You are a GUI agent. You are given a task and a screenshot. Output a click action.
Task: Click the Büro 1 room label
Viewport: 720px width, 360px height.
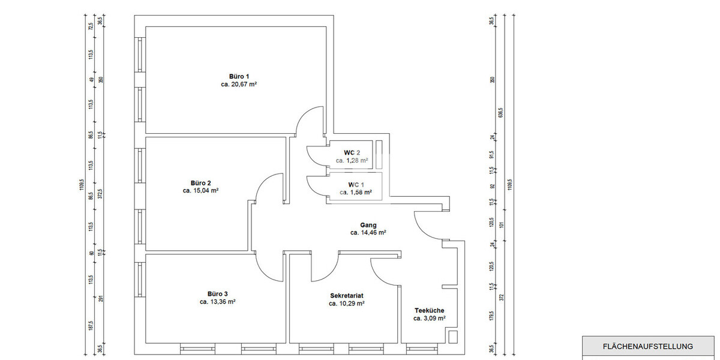coord(239,76)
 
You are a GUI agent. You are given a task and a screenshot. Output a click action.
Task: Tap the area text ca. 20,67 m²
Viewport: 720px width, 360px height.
coord(239,85)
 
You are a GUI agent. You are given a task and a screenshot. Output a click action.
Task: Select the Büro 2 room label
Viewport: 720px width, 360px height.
coord(200,183)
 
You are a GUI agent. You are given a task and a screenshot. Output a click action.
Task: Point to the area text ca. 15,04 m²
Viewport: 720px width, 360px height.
coord(200,191)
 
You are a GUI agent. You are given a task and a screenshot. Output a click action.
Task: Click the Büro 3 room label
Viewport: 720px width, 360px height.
coord(217,293)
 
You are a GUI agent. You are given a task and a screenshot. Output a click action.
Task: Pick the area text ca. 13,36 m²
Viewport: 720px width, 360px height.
coord(217,302)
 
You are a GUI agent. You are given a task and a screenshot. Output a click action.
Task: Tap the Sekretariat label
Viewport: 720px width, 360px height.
coord(347,296)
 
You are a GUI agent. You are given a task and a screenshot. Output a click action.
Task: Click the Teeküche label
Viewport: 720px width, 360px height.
coord(429,310)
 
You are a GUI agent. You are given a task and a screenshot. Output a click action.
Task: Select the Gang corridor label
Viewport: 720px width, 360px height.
coord(368,225)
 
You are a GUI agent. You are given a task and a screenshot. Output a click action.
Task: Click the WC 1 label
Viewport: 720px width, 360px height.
coord(356,184)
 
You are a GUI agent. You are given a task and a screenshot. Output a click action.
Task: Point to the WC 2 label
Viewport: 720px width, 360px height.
coord(352,152)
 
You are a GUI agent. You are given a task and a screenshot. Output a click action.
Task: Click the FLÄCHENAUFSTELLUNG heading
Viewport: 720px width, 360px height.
coord(647,346)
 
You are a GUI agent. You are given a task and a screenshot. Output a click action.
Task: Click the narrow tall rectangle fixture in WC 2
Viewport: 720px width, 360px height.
coord(379,155)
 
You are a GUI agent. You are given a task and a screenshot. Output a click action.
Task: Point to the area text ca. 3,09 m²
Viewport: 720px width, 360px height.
coord(429,319)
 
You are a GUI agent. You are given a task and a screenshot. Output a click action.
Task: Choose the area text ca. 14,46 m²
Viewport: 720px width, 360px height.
coord(368,233)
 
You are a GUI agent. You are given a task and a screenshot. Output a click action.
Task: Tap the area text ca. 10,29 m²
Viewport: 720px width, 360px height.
coord(347,304)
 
